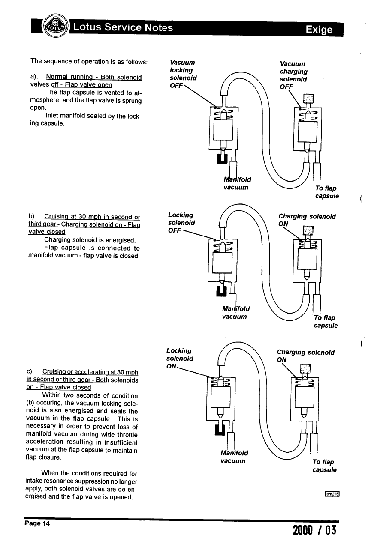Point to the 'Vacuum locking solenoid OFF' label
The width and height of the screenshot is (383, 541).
coord(183,74)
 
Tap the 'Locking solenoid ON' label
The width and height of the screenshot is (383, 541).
coord(180,359)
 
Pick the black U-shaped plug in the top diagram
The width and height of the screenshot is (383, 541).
coord(222,158)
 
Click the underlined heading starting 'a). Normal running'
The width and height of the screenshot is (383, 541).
coord(86,81)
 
